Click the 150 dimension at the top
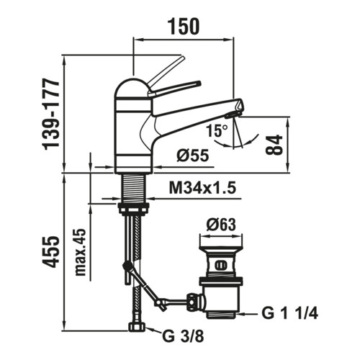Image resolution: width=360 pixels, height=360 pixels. click(x=184, y=26)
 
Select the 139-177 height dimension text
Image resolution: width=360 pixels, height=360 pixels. click(x=50, y=114)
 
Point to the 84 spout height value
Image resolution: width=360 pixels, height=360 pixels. click(x=274, y=145)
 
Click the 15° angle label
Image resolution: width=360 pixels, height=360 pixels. click(x=217, y=131)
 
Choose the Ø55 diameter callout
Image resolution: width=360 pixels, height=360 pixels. click(x=193, y=156)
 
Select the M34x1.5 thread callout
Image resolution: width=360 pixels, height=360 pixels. click(x=202, y=188)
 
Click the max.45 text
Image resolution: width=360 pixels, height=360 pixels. click(x=81, y=252)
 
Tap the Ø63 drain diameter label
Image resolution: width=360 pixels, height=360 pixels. click(x=221, y=225)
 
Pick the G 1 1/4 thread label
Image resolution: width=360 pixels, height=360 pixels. click(x=290, y=313)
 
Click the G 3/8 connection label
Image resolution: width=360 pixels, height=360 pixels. click(x=183, y=336)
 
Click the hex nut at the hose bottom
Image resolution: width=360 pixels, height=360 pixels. click(x=137, y=327)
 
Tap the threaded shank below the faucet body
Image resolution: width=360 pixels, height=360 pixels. click(x=134, y=188)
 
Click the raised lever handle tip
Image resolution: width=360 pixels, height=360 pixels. click(x=182, y=58)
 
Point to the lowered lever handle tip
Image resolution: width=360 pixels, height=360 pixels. click(x=198, y=84)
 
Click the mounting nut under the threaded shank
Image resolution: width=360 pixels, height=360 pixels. click(x=134, y=208)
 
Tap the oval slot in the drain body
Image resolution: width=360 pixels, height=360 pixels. click(x=220, y=265)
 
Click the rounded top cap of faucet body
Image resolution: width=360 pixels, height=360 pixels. click(x=132, y=88)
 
